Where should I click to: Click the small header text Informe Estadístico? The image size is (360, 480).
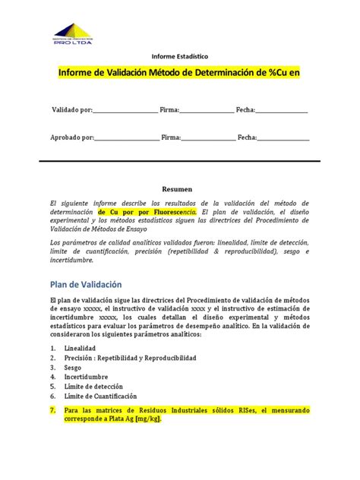coord(179,56)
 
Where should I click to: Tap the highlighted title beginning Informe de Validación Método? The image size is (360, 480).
coord(180,73)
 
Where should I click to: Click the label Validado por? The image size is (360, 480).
coord(71,110)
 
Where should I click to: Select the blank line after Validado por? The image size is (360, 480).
coord(125,111)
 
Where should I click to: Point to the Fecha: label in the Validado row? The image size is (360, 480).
coord(245,110)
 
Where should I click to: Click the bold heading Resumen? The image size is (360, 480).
coord(178,188)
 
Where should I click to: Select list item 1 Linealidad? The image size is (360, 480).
coord(80,349)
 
